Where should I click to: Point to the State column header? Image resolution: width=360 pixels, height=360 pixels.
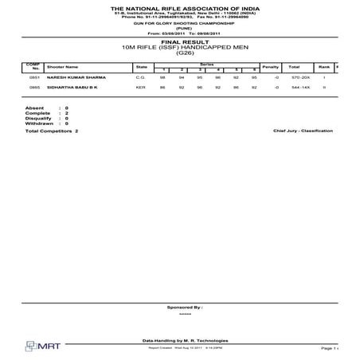pos(142,67)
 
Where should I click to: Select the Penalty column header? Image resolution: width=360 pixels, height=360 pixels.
pos(270,67)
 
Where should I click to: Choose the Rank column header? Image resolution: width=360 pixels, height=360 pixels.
pos(324,67)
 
